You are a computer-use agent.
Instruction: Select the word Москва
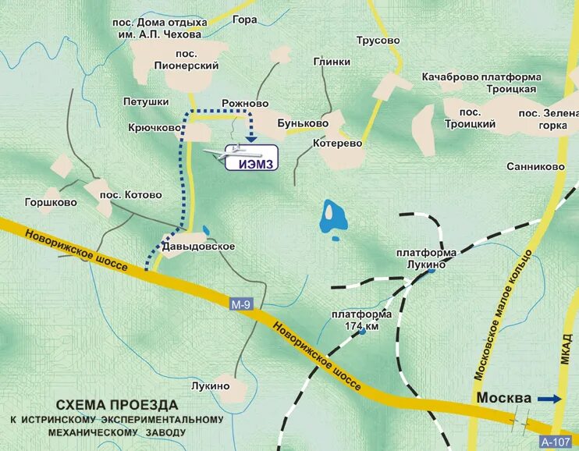pos(504,398)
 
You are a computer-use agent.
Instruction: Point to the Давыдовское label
pos(198,247)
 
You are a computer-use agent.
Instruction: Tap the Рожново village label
pos(244,104)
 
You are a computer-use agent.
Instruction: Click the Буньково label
pos(303,123)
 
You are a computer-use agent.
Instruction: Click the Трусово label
pos(378,41)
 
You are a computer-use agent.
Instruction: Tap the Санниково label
pos(535,167)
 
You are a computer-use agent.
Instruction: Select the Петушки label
pos(146,102)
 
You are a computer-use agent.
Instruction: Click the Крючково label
pos(155,127)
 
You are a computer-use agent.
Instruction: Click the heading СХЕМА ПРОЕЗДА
pos(117,405)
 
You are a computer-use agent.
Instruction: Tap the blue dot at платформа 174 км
pos(363,332)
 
